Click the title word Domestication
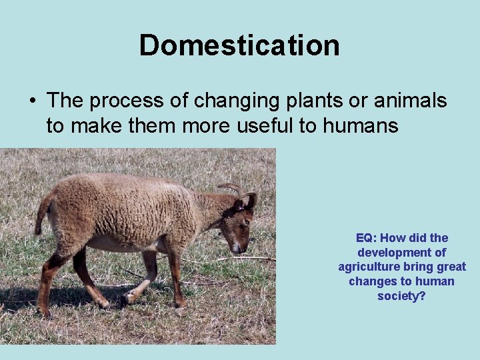[239, 45]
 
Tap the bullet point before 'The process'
[32, 101]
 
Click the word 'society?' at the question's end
[401, 296]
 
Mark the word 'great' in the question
[451, 267]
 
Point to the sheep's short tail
[43, 213]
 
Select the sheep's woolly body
[127, 210]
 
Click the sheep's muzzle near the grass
[236, 247]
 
